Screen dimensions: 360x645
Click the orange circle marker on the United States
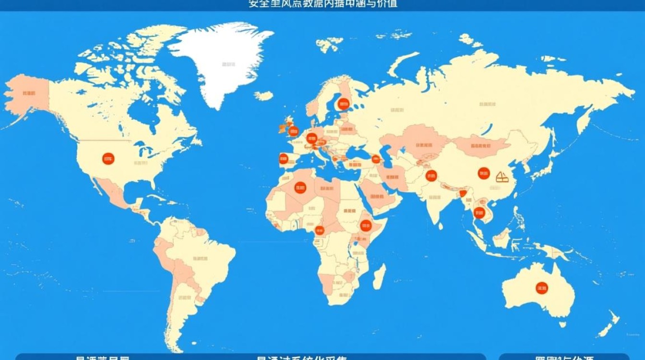(x=108, y=158)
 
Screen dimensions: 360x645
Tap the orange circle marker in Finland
(x=344, y=104)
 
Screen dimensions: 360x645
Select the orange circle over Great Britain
(x=293, y=131)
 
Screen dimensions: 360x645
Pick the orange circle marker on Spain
(x=284, y=158)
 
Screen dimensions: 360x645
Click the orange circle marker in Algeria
(x=300, y=187)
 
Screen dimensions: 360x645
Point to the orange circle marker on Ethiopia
(x=366, y=226)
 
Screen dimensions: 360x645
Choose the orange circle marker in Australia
(x=542, y=288)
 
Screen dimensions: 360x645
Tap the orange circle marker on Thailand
(x=478, y=213)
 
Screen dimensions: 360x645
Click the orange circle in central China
(x=484, y=174)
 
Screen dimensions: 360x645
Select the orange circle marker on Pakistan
(x=431, y=176)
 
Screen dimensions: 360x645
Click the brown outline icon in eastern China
(x=502, y=178)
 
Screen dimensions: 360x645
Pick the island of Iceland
(x=263, y=96)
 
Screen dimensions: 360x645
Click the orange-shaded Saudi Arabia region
(x=379, y=194)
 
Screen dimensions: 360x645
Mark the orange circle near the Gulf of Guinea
(x=319, y=230)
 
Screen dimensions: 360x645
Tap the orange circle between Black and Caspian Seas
(x=376, y=159)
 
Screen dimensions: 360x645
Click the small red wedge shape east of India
(x=463, y=193)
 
